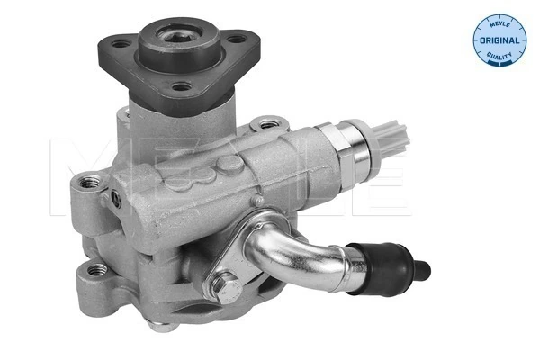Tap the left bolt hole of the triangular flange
click(119, 41)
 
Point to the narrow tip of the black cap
click(423, 265)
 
